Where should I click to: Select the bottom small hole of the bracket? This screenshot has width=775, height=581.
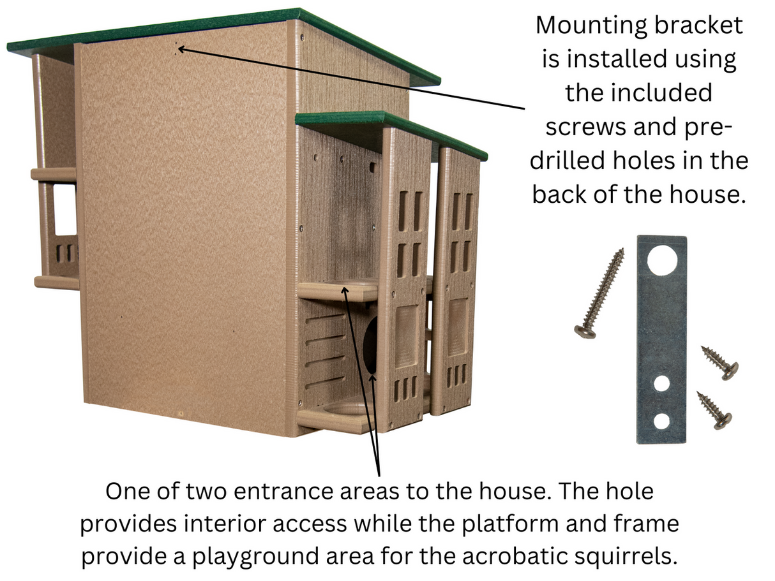661,421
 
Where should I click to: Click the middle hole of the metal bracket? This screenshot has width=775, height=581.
661,384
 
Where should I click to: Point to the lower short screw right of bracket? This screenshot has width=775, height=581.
714,409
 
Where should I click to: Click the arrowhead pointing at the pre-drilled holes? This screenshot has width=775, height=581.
181,48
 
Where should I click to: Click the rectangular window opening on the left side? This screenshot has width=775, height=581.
64,210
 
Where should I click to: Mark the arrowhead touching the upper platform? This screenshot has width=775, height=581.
345,290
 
